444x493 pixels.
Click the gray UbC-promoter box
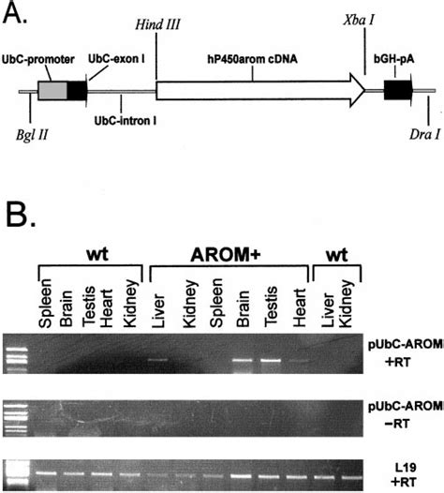(x=52, y=91)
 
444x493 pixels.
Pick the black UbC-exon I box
(x=78, y=91)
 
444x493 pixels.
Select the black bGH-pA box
(x=398, y=91)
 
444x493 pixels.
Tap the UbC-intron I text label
(x=126, y=119)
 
